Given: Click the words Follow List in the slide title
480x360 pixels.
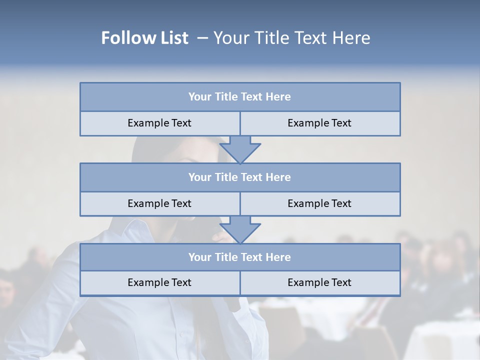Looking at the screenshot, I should (x=145, y=38).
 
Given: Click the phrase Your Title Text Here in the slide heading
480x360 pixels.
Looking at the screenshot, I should (x=292, y=38).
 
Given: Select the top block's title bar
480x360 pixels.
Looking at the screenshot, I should (x=240, y=97).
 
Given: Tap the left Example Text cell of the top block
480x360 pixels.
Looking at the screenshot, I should (x=159, y=123).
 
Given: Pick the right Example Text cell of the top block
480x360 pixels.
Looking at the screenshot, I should (x=319, y=123).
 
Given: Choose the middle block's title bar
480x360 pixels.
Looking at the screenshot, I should (x=240, y=177).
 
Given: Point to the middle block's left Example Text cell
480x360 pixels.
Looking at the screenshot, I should (x=159, y=203).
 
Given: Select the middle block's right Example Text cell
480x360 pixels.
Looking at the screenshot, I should (x=319, y=203).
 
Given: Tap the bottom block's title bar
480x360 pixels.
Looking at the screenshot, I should (x=240, y=257).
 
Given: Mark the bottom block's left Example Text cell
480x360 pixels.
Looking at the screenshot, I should (x=159, y=282).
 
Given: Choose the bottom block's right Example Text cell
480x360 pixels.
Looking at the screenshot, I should (x=319, y=282).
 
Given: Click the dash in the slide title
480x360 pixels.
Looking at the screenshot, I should (x=203, y=38).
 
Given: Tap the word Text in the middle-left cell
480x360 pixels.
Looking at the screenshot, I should (x=180, y=203).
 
